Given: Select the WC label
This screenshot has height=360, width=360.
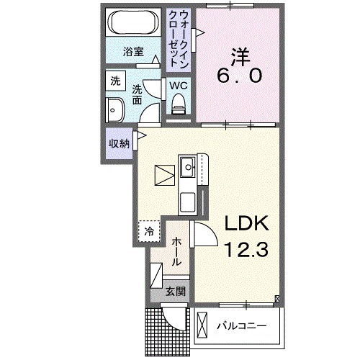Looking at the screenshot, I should (x=178, y=86).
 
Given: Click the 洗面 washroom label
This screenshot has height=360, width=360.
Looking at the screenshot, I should (x=138, y=94).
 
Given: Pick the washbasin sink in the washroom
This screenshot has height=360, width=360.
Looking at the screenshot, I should (x=115, y=111).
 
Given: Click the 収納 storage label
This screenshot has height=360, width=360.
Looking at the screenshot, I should (x=119, y=143).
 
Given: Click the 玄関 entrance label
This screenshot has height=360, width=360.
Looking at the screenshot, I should (x=175, y=292).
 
